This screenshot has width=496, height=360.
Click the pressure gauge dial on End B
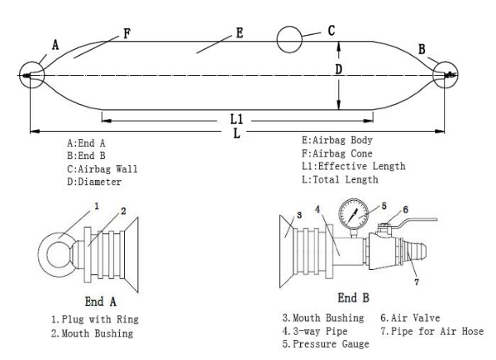click(353, 214)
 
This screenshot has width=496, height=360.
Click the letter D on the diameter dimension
click(338, 69)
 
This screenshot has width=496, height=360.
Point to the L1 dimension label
click(237, 119)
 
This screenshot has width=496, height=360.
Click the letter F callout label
click(127, 33)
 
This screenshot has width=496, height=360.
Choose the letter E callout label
click(239, 32)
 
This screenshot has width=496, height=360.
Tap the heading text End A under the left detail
click(101, 302)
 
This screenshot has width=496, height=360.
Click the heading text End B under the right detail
click(353, 297)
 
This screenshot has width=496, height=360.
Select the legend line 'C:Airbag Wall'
click(103, 169)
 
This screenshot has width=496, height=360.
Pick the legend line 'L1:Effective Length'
click(353, 167)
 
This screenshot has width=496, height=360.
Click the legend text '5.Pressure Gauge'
click(326, 344)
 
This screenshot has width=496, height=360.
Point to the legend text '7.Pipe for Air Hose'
click(432, 331)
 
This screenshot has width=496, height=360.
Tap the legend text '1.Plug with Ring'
click(95, 319)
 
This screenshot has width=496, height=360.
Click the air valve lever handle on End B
click(418, 220)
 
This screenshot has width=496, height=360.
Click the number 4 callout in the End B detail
click(318, 209)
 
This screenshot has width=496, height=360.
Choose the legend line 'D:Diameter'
click(94, 182)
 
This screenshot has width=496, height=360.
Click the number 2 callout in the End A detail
click(123, 211)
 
